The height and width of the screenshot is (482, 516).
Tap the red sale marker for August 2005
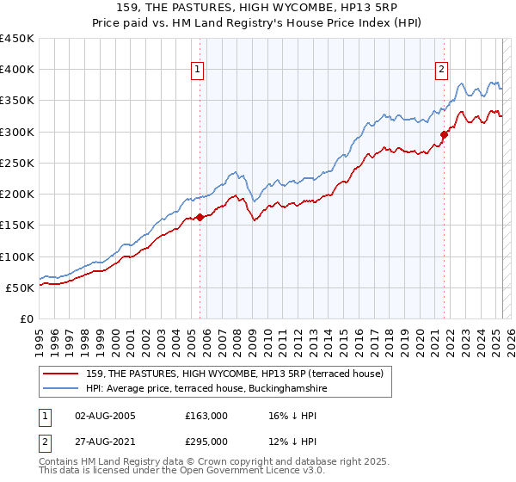click(x=200, y=217)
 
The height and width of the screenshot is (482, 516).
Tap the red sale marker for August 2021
click(x=445, y=134)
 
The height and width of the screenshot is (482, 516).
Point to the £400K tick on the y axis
click(x=17, y=70)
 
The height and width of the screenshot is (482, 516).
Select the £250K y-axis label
click(x=17, y=163)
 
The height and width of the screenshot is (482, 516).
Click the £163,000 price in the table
click(x=206, y=415)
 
